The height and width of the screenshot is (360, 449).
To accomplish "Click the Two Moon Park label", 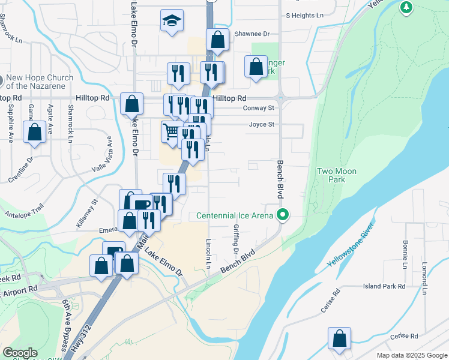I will coord(337,175).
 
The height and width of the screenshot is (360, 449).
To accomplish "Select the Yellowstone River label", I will coord(351,245).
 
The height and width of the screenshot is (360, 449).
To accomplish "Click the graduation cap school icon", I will coord(172,22).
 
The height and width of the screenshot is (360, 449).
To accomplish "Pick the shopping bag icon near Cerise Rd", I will coord(340,338).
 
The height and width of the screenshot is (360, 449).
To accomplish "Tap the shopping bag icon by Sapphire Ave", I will coord(35,132).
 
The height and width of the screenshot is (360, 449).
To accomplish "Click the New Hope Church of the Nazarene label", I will coord(40,82).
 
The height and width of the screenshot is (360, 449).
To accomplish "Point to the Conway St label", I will coord(259,108).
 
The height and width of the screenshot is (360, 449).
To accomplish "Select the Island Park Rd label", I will coord(384,287).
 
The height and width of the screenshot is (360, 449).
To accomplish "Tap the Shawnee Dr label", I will coord(252,35).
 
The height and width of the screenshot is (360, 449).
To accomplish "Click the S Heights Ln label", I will coord(304,15).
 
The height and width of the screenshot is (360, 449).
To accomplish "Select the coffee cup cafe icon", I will coord(142,205).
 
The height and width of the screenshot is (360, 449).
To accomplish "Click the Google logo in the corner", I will coord(20,353).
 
